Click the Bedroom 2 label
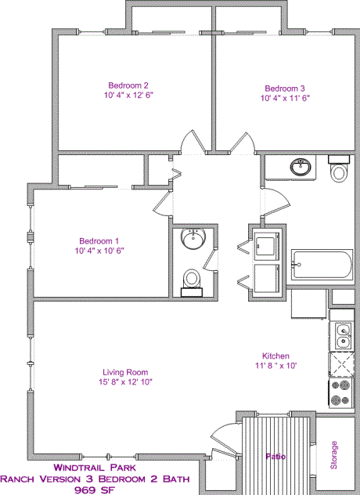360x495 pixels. point(128,85)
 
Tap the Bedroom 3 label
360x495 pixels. point(285,89)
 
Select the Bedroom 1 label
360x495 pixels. point(99,240)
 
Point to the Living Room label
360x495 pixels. point(125,372)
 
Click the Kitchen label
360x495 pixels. point(276,355)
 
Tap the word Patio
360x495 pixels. point(274,457)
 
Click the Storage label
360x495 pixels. point(334,456)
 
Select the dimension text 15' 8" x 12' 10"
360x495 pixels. point(125,382)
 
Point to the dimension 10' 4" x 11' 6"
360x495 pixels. point(285,99)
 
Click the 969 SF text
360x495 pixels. point(93,490)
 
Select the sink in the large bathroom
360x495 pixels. point(300,167)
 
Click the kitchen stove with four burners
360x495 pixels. point(341,393)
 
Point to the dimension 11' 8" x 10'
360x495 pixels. point(276,365)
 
